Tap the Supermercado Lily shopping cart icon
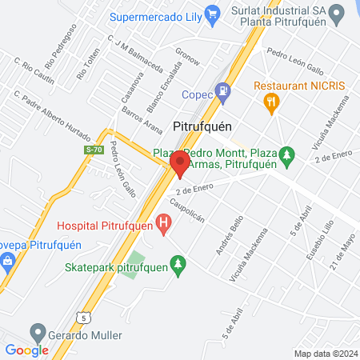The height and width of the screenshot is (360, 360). (x=212, y=14)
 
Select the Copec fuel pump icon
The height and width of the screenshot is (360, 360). (x=223, y=92)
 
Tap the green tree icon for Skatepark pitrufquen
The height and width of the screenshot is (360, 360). (x=178, y=263)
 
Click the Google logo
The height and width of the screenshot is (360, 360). (x=26, y=350)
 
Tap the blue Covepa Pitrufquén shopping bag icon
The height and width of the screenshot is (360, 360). (x=6, y=261)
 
